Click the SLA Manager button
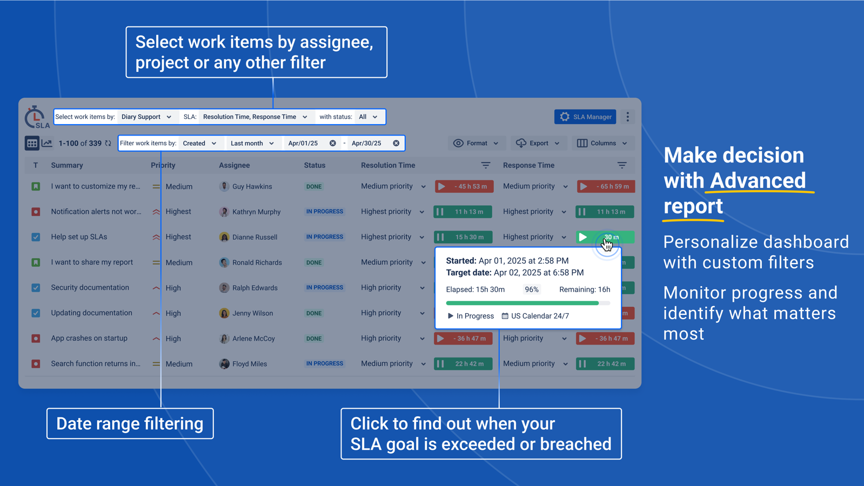[585, 117]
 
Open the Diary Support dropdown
[146, 117]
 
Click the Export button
[538, 143]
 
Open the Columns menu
[602, 143]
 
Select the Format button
[475, 143]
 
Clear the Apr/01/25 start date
[333, 143]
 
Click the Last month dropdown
[252, 143]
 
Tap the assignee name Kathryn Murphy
[256, 212]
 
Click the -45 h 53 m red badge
[464, 186]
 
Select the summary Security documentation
[90, 287]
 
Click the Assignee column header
[234, 165]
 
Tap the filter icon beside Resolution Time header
[486, 165]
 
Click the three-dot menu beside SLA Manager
[627, 117]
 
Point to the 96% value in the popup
[532, 289]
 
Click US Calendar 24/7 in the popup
[539, 316]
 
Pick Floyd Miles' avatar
[224, 363]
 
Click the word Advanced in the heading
[758, 180]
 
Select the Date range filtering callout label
[130, 423]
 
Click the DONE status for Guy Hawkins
[314, 186]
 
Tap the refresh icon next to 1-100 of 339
[108, 143]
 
